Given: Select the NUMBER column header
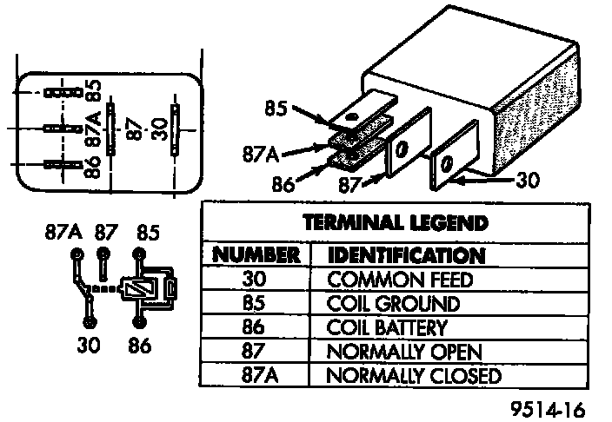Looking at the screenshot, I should [x=256, y=256].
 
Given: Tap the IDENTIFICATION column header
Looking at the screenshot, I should [x=404, y=256].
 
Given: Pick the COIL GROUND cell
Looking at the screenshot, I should [x=392, y=305].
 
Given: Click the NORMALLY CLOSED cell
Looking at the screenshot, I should [x=413, y=377].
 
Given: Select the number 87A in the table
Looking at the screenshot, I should [x=256, y=377].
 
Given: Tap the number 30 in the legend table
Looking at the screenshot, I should [x=256, y=280].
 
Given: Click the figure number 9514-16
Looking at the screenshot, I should [x=547, y=407].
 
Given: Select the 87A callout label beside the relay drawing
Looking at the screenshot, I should [x=261, y=155].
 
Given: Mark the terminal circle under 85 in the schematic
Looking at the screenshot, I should [x=138, y=254].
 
